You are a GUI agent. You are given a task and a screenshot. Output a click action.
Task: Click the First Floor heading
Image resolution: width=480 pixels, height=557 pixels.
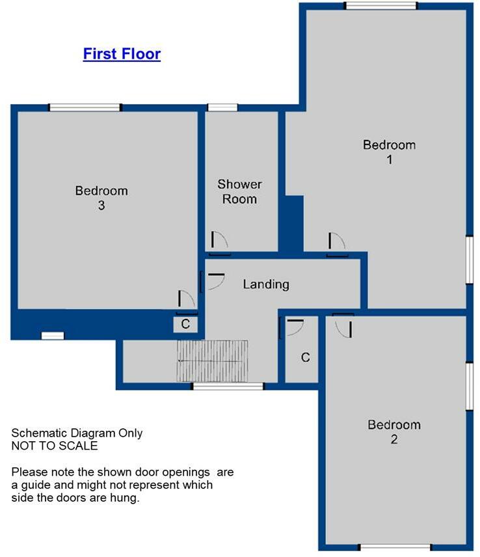tap(122, 54)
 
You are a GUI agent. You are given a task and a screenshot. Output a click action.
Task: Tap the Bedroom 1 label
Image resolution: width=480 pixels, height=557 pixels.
tap(389, 151)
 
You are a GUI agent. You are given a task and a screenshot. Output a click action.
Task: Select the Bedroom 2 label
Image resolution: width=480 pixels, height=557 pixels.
tap(394, 431)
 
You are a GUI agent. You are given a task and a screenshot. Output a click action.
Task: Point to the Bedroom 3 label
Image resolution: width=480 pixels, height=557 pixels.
tap(101, 198)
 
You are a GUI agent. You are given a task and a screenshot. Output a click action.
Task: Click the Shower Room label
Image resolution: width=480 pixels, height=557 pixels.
tap(239, 192)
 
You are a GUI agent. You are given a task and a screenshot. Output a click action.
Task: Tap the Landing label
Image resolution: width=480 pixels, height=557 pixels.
tap(266, 284)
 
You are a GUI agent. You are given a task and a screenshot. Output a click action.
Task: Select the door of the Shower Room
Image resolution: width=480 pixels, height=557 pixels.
tap(219, 241)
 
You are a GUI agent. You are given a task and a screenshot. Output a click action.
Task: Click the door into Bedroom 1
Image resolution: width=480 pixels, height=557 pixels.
tap(336, 243)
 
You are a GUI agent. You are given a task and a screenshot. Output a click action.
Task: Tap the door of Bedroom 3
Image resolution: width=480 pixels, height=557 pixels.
tap(186, 300)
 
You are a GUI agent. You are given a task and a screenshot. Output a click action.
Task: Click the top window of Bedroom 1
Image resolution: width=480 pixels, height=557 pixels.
tap(380, 6)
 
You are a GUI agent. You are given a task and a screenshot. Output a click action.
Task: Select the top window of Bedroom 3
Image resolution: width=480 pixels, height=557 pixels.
tap(85, 108)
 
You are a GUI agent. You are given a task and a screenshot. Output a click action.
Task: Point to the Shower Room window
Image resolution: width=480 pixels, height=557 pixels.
tap(222, 108)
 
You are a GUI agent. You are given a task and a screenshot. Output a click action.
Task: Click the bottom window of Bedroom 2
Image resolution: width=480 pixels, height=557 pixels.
tap(394, 547)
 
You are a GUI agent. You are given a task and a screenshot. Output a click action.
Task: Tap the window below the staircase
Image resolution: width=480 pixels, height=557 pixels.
tap(228, 387)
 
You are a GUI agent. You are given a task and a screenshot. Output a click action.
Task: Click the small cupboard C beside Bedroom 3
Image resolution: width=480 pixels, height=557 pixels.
tap(185, 324)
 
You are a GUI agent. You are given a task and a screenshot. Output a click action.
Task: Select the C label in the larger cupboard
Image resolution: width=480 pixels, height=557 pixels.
tap(305, 357)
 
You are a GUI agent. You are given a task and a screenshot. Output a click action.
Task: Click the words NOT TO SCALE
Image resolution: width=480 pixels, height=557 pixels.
tap(55, 446)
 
